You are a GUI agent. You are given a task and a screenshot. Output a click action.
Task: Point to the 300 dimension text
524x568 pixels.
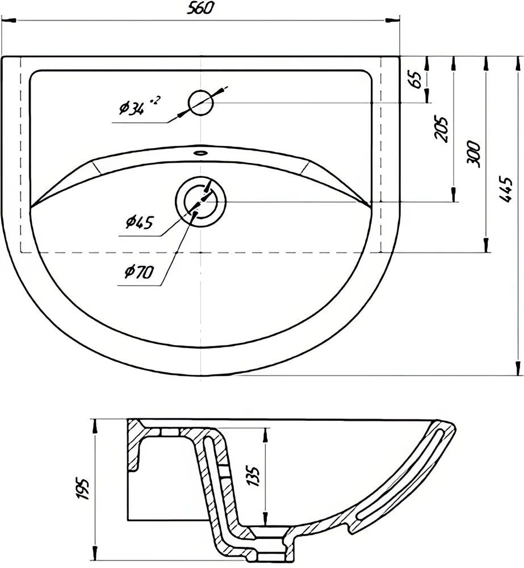coord(473,154)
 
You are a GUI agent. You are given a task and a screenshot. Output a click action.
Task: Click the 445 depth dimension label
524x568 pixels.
coord(506,190)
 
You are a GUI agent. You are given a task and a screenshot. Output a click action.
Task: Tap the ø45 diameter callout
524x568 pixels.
coord(140,222)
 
